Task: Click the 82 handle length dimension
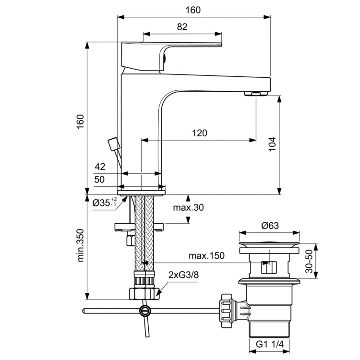coord(182,27)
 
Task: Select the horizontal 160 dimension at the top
coord(193,10)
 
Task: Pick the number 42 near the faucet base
coord(100,167)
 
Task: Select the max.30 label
coord(189,207)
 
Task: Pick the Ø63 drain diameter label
coord(270,226)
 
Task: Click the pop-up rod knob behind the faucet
coord(114,143)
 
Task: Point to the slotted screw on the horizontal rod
coord(144,311)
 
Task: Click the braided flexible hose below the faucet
coord(144,235)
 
